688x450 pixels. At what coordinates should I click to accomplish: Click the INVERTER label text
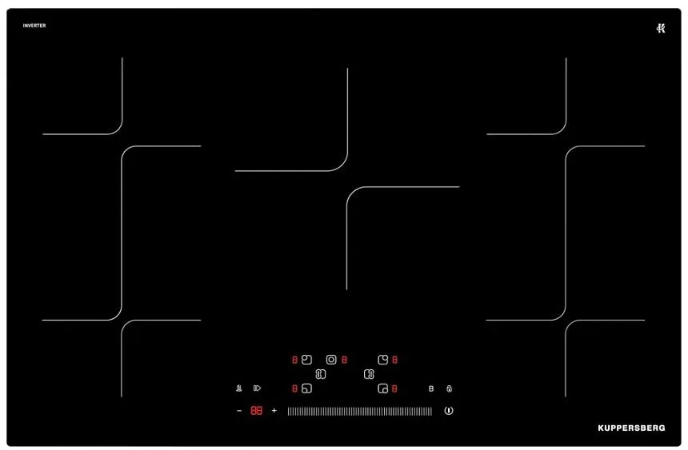pos(34,26)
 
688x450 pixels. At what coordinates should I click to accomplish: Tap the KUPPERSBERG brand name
pos(631,428)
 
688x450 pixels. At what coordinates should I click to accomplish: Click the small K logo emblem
pos(661,29)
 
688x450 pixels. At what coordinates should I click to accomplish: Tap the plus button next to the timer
pos(274,411)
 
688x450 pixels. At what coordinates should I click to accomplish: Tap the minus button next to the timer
pos(239,411)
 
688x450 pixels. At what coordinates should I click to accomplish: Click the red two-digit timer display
pos(256,411)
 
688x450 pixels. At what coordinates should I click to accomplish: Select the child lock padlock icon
pos(449,388)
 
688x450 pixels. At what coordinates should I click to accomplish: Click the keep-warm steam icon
pos(239,388)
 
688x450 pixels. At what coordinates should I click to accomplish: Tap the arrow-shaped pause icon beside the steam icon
pos(257,388)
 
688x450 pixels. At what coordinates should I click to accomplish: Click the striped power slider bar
pos(360,411)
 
